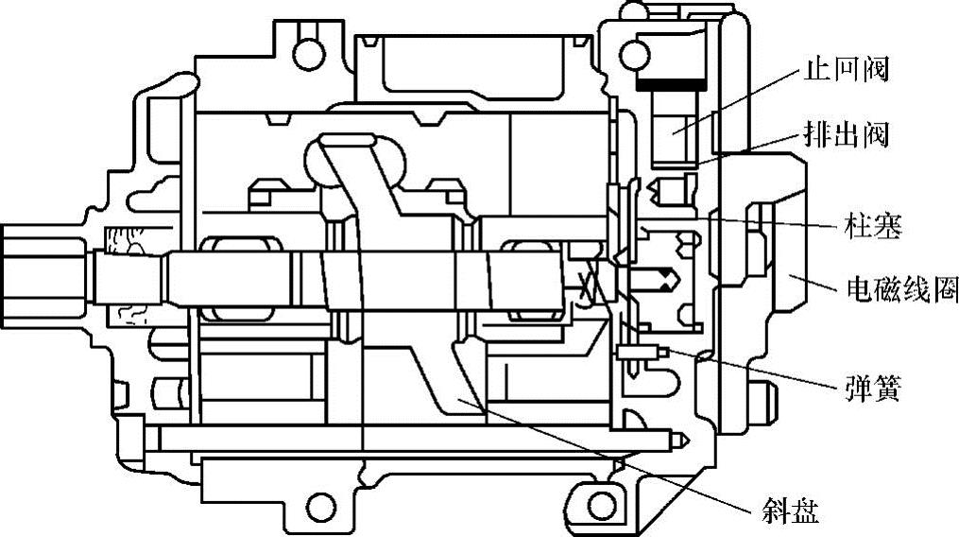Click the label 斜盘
click(789, 511)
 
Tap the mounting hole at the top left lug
click(304, 51)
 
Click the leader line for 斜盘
click(614, 454)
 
